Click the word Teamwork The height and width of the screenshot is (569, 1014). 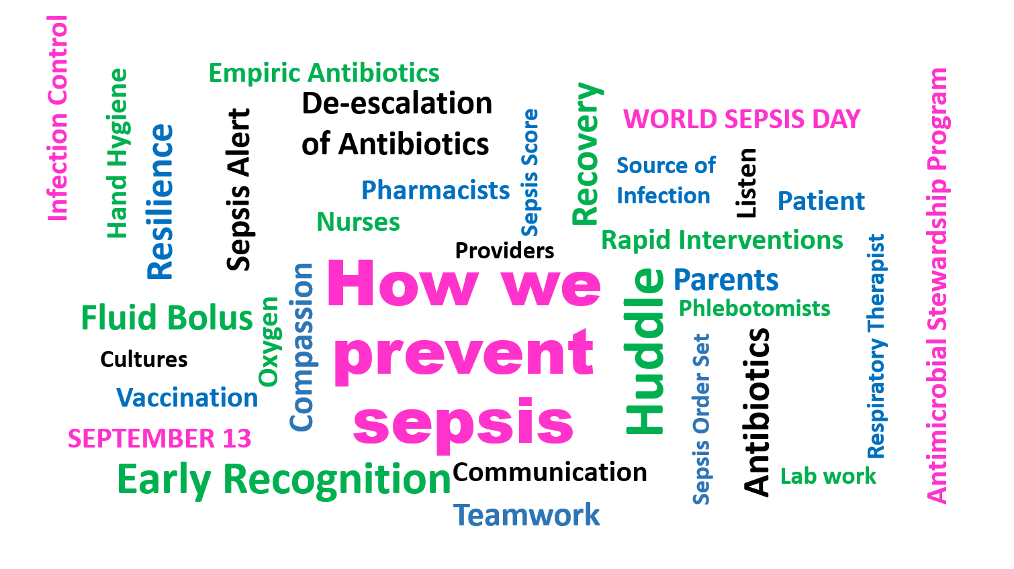click(x=526, y=515)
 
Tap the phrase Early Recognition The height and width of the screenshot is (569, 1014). click(x=283, y=480)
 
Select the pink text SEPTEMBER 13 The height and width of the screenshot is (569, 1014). click(x=159, y=439)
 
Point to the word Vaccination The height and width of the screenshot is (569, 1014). click(x=187, y=398)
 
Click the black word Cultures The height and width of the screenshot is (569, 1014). click(x=144, y=360)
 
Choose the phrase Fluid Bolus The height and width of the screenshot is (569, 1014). click(x=167, y=318)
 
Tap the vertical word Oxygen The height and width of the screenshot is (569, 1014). click(x=269, y=342)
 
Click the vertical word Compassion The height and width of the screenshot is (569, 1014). click(x=302, y=347)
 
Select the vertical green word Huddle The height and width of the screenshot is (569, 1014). click(x=645, y=351)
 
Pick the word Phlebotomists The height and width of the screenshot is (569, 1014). click(x=754, y=309)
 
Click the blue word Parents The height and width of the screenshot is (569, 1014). click(x=726, y=280)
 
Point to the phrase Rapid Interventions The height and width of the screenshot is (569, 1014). click(x=722, y=240)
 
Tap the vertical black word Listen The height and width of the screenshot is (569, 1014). click(x=746, y=183)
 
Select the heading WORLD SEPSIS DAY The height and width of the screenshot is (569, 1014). click(x=741, y=119)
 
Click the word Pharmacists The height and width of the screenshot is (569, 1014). click(x=435, y=191)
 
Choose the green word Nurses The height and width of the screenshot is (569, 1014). click(x=358, y=222)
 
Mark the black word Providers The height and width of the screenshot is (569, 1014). click(x=504, y=251)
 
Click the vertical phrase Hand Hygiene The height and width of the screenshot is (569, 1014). click(x=117, y=154)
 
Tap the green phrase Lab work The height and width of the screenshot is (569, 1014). click(x=828, y=476)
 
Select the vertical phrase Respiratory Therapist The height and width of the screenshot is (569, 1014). click(x=876, y=346)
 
